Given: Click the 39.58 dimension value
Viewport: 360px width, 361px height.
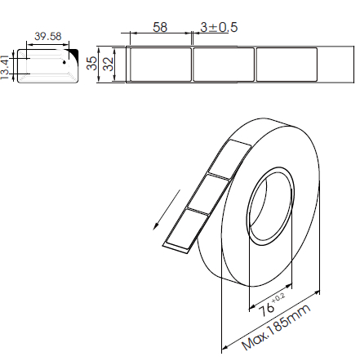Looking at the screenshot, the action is click(x=48, y=36).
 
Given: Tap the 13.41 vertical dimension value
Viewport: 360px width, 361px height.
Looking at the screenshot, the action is click(x=5, y=68).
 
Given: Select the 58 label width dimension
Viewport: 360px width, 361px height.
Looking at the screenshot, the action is click(x=160, y=27).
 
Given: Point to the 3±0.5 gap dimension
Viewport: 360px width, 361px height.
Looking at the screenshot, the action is click(x=219, y=27).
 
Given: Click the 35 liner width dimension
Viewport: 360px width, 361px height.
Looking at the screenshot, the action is click(x=92, y=63).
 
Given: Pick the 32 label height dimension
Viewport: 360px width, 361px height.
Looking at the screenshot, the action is click(x=109, y=64).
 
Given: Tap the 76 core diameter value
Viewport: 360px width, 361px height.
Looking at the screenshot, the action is click(x=266, y=310).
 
